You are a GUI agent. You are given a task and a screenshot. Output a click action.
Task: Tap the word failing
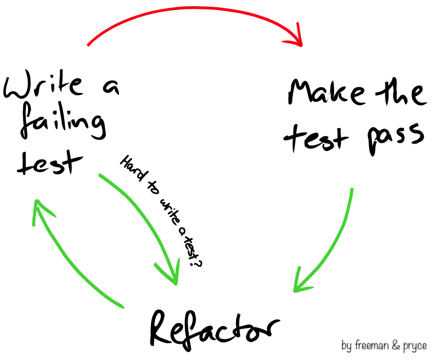pos(63,125)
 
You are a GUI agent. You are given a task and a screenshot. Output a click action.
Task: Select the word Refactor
pos(214,328)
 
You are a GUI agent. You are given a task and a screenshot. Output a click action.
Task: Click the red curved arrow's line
pos(192,14)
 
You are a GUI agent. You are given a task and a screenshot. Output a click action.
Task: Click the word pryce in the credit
pos(415,345)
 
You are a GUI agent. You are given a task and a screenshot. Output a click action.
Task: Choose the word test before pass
pos(316,138)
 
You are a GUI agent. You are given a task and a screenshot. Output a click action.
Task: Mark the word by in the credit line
pos(347,344)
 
